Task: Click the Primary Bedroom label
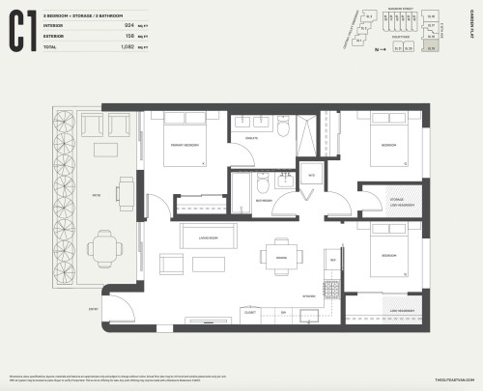tap(184, 145)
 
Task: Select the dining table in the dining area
tap(282, 256)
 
